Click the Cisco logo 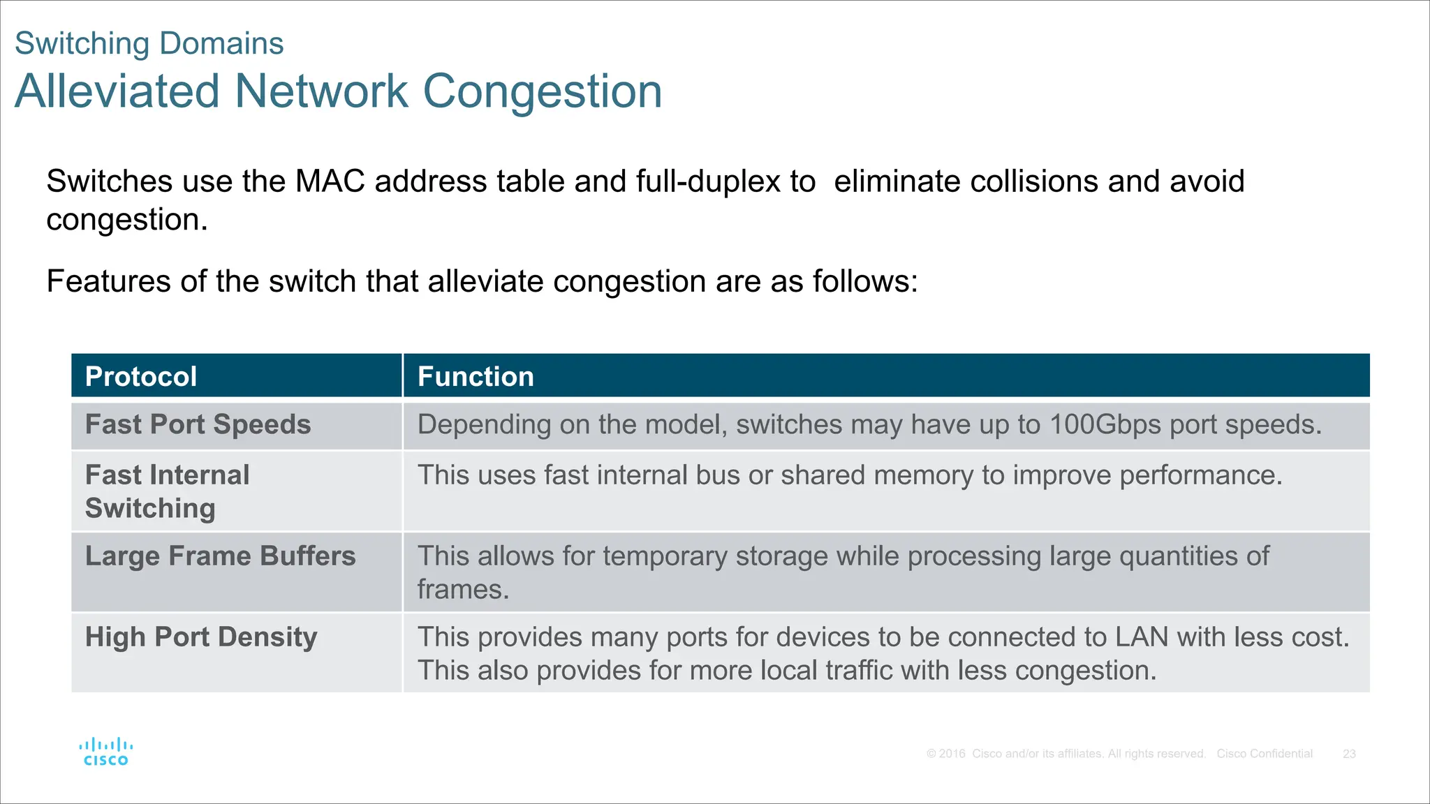(106, 752)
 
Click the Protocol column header (141, 377)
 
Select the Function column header (476, 377)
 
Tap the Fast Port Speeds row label (198, 425)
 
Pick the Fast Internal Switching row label (168, 491)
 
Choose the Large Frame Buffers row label (221, 556)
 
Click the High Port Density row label (201, 637)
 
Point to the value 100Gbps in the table (1105, 425)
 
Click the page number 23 (1349, 754)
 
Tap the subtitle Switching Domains (149, 43)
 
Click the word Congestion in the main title (543, 91)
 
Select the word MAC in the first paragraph (330, 181)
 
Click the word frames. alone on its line (463, 590)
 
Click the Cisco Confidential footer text (1265, 754)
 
